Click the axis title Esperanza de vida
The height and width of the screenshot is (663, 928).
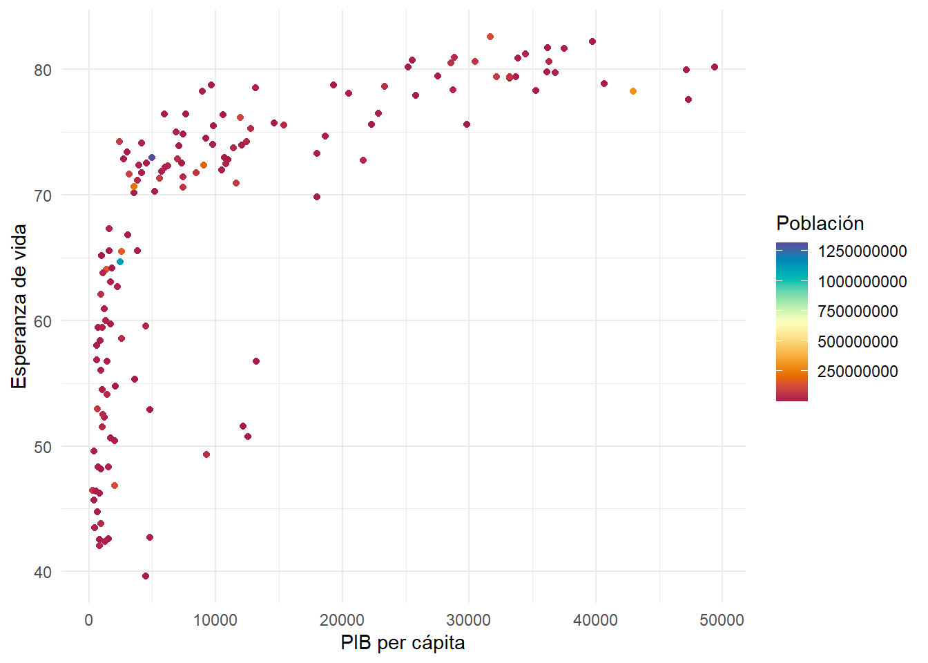[x=19, y=306]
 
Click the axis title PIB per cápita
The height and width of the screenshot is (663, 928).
[x=403, y=643]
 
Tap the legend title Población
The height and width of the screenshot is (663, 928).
[x=820, y=223]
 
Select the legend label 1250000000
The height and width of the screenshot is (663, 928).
[x=862, y=251]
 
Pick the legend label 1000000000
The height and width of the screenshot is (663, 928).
[x=862, y=282]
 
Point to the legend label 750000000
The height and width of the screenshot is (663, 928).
[x=858, y=311]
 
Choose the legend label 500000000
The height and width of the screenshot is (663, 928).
[x=858, y=342]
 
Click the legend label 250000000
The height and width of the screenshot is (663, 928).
[x=858, y=372]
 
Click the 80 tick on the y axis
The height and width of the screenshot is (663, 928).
[x=43, y=70]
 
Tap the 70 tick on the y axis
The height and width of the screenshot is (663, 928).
[x=43, y=195]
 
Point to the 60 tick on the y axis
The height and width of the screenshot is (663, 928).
[x=43, y=321]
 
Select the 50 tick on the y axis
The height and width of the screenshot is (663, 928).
[x=43, y=447]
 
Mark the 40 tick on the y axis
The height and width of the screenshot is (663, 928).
[x=43, y=572]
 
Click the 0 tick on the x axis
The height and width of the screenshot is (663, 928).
[x=89, y=620]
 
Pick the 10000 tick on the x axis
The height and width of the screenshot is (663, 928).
[x=215, y=620]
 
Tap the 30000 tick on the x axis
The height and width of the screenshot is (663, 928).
[x=469, y=620]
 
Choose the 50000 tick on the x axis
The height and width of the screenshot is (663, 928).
[x=722, y=620]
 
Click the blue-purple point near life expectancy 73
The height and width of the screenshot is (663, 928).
[x=152, y=157]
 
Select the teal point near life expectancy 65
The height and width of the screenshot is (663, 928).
[x=120, y=262]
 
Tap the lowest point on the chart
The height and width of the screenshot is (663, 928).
[x=146, y=576]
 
